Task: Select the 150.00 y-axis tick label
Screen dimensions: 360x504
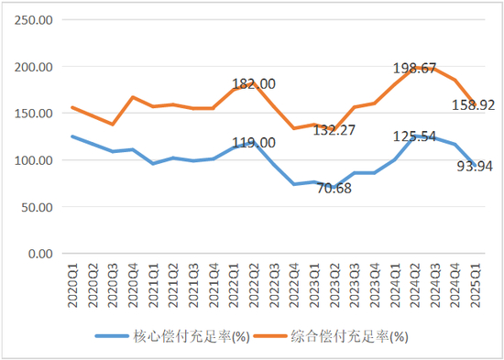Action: tap(38, 114)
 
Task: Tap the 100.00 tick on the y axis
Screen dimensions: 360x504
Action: tap(38, 160)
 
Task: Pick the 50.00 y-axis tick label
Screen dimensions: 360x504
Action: tap(40, 207)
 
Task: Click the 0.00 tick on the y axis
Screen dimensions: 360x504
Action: tap(43, 253)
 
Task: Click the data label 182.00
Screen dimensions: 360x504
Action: tap(253, 84)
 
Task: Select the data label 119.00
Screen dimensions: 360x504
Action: tap(253, 143)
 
